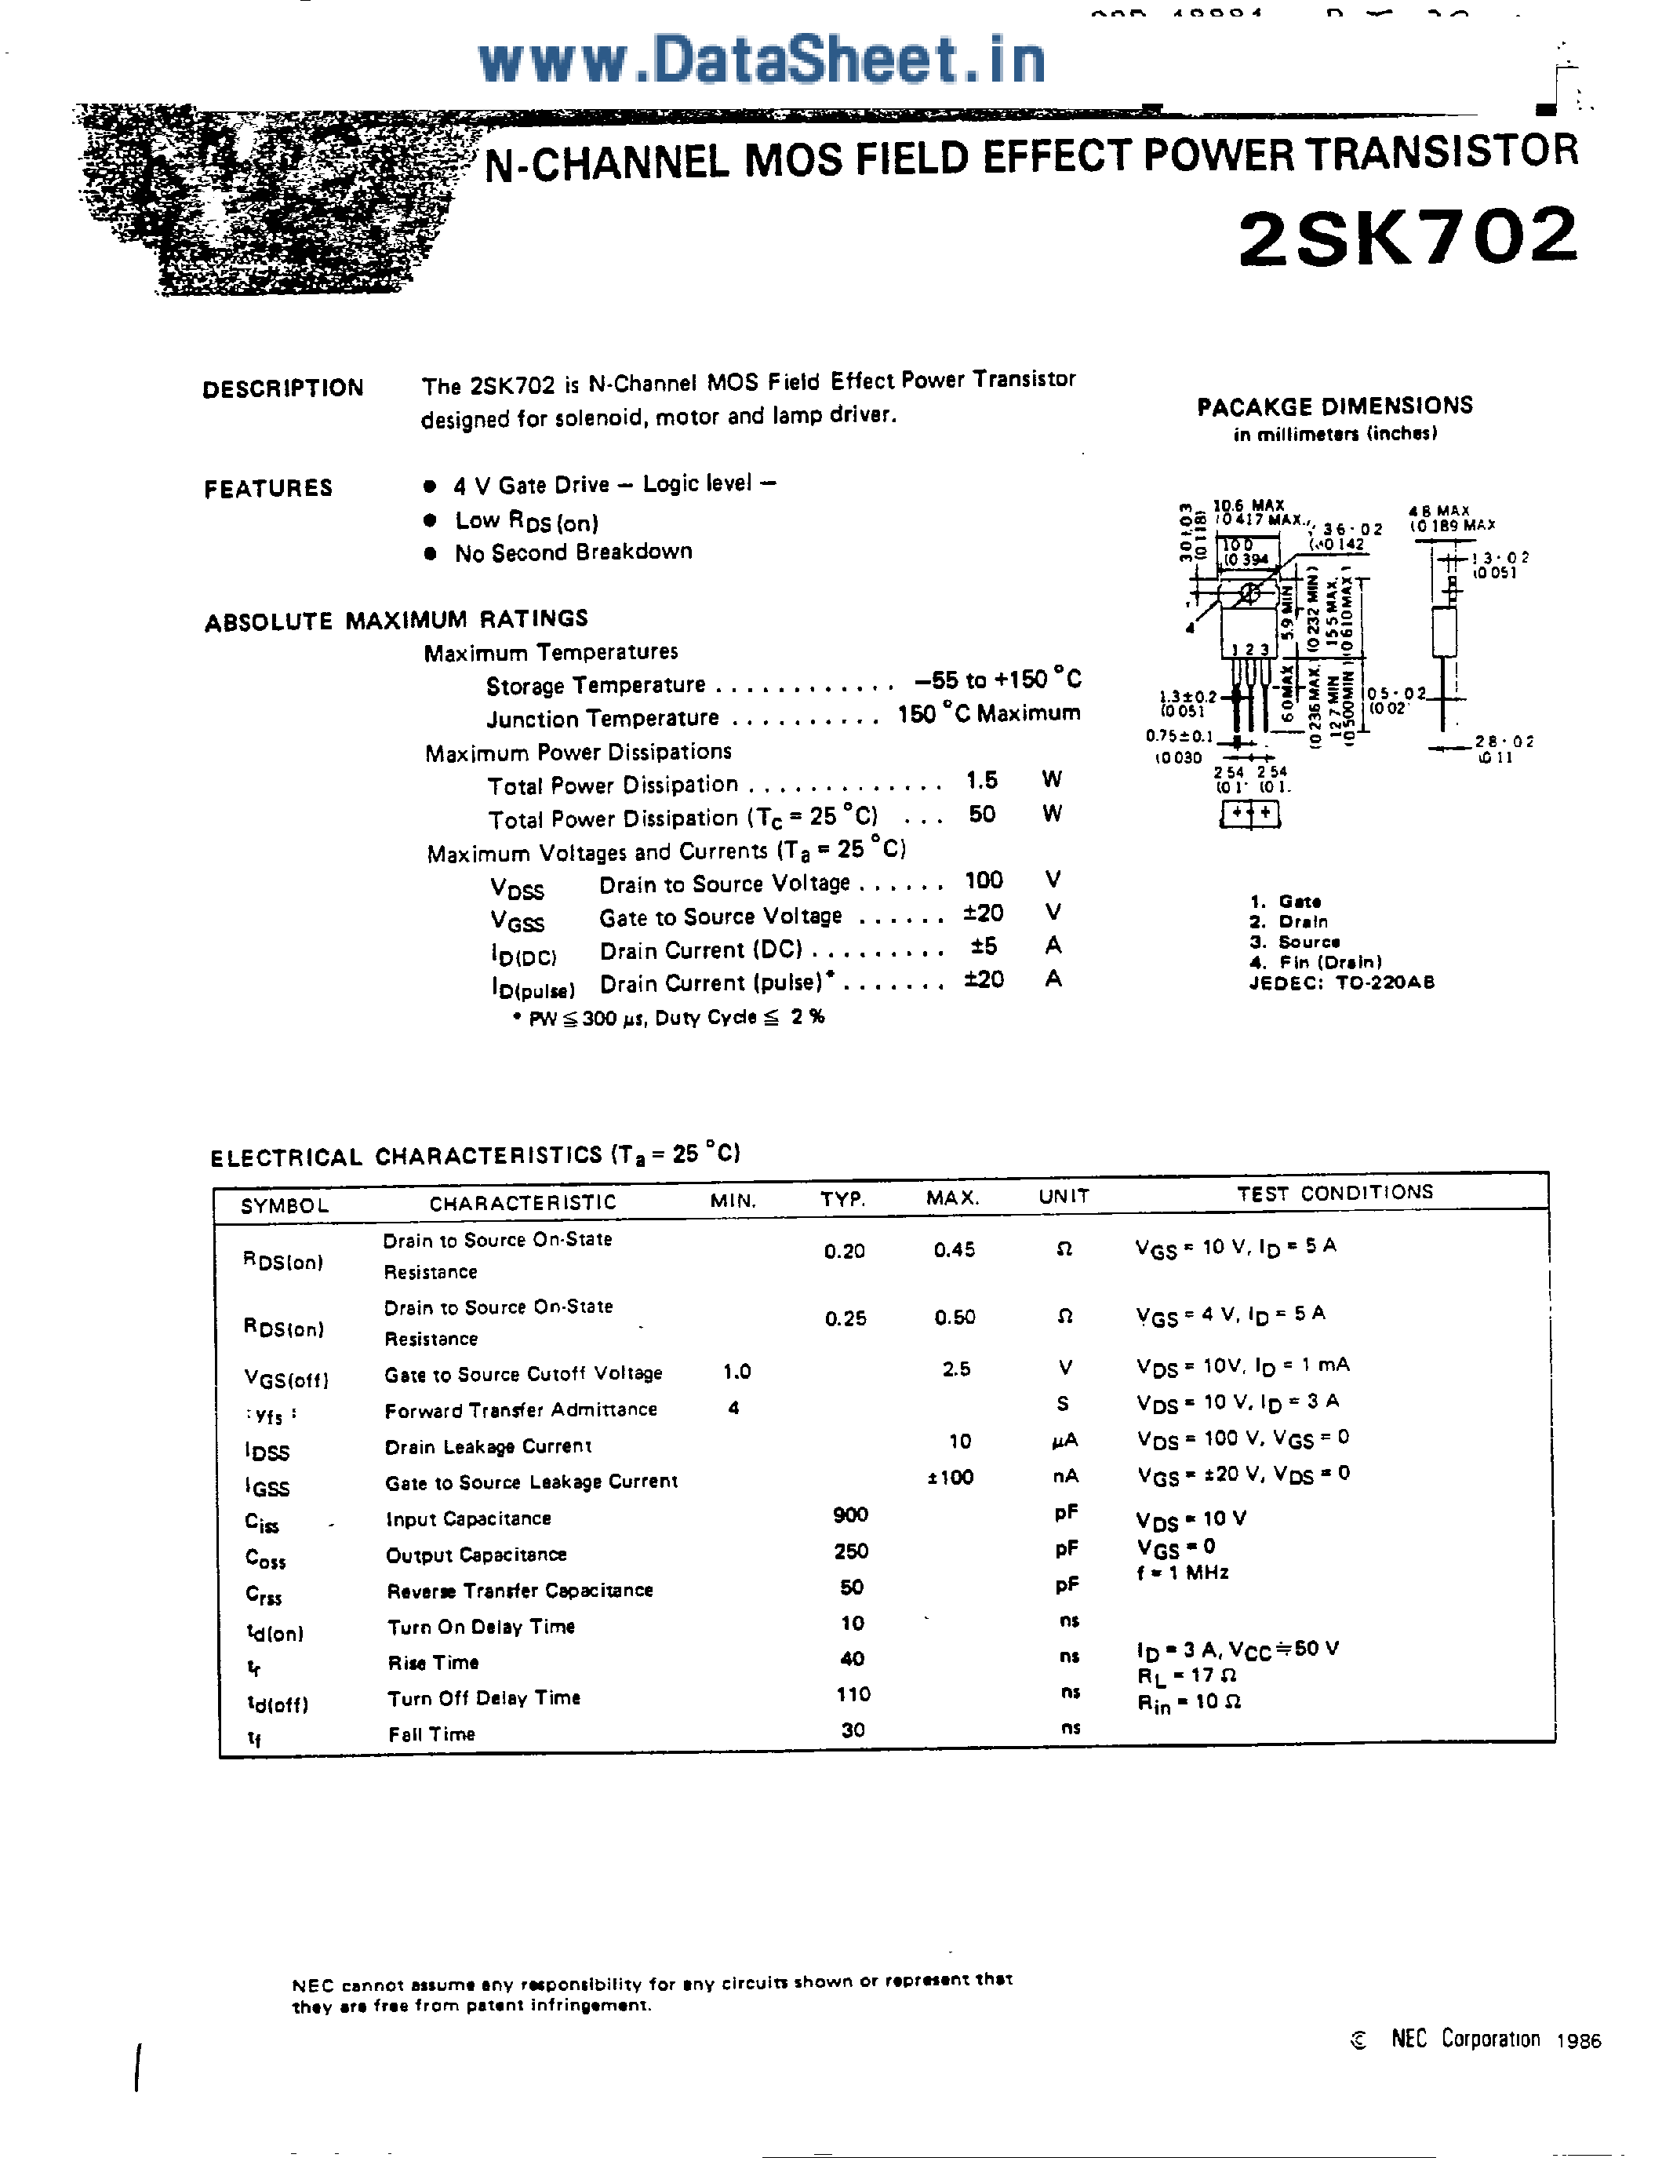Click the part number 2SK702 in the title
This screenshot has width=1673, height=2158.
pos(1407,237)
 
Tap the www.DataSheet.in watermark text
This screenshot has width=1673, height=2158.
pos(762,60)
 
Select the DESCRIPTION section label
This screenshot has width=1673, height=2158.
pos(282,388)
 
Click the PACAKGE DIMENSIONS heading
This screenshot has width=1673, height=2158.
pos(1334,406)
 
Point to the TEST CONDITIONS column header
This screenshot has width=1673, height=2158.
pos(1334,1193)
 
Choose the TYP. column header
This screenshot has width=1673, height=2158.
pos(842,1200)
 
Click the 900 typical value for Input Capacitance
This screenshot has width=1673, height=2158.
pos(850,1515)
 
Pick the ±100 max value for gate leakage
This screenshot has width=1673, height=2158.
pos(950,1477)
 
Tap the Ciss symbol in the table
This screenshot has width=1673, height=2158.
pos(262,1522)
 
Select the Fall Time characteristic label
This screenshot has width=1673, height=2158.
pos(431,1734)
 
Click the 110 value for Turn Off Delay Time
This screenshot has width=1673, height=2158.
pos(853,1694)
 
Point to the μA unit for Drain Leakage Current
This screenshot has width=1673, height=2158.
pos(1064,1441)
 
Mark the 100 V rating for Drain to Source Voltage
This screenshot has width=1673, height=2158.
pos(984,880)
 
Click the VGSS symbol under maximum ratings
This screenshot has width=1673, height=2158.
pos(518,922)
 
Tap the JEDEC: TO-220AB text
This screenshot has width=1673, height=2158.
pos(1341,982)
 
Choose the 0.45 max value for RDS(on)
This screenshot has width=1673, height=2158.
pos(954,1250)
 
